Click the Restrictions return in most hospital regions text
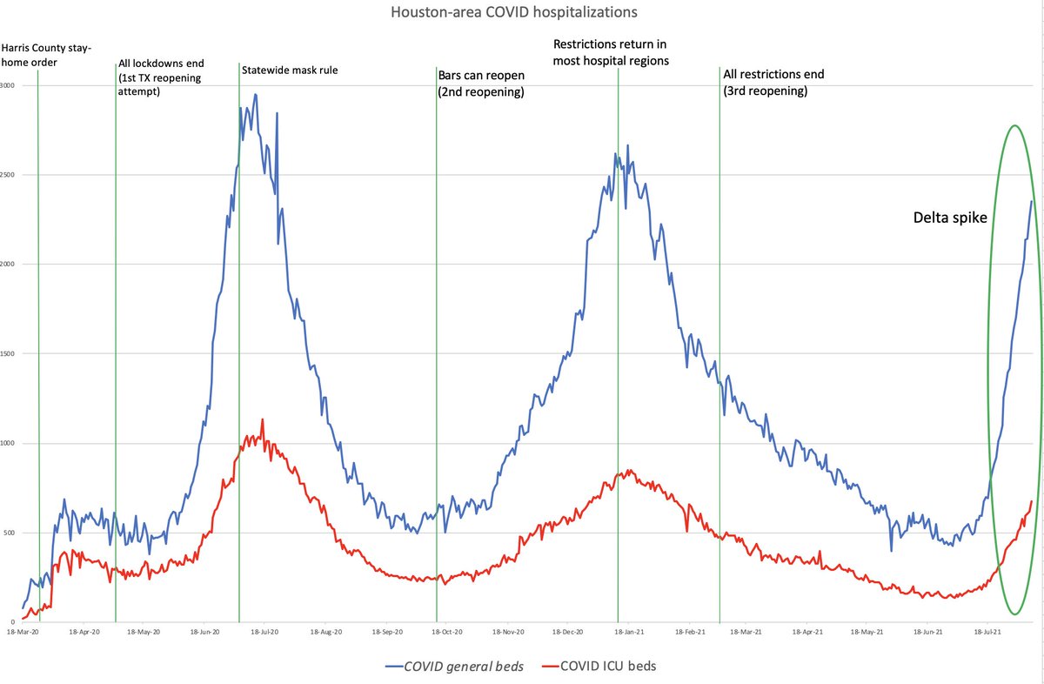[617, 52]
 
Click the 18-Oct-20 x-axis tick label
[435, 632]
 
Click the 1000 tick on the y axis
[8, 444]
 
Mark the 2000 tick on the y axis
[8, 265]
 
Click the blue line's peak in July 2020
[255, 94]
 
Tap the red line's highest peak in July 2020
[262, 419]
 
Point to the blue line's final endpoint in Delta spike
[1032, 201]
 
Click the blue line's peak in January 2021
[627, 145]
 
